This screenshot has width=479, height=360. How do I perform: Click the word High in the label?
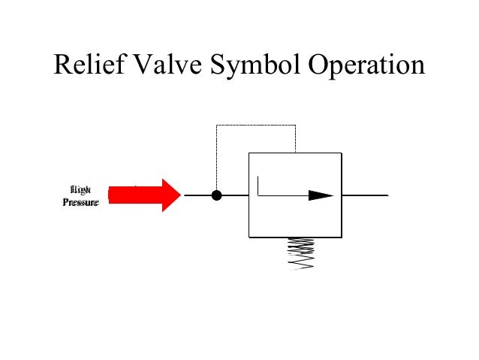tap(80, 189)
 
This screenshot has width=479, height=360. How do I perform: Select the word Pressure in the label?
tap(80, 202)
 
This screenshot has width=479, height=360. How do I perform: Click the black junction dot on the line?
tap(217, 195)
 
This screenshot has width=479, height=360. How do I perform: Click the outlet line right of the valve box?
tap(365, 195)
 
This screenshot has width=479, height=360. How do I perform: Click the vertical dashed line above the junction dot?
tap(217, 158)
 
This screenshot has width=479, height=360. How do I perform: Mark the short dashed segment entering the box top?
tap(295, 139)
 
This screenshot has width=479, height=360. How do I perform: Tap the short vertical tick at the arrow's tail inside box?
tap(258, 186)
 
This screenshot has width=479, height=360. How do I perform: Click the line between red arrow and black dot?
tap(199, 195)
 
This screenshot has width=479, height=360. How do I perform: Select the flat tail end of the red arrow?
tap(111, 195)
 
